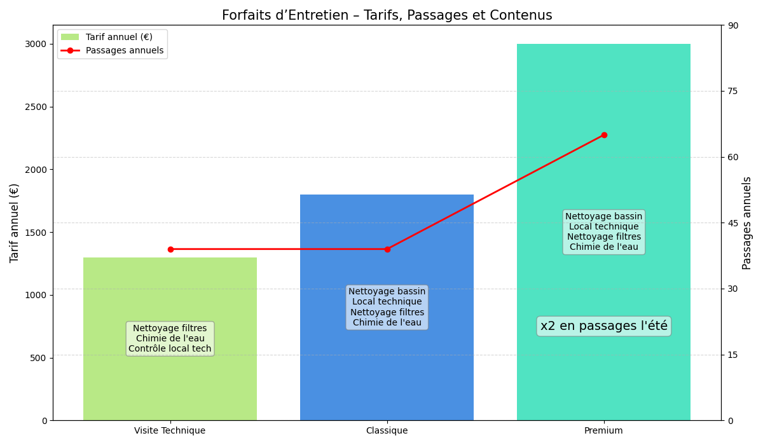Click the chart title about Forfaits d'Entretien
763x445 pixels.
[387, 15]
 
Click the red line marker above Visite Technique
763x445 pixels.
[170, 249]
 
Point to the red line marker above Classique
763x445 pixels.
[387, 249]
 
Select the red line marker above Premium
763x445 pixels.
[604, 135]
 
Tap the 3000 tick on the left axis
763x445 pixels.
[36, 44]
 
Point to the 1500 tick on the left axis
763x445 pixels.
[36, 232]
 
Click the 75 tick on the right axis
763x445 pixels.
[732, 91]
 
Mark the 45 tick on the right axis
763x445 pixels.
[732, 222]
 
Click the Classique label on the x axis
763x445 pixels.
[387, 430]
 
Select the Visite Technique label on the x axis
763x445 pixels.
[170, 430]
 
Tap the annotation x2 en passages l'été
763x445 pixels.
[603, 326]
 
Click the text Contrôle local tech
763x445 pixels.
[170, 349]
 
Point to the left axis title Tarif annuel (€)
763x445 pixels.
[15, 222]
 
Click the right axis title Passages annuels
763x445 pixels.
[747, 222]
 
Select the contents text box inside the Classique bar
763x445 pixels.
[387, 307]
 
